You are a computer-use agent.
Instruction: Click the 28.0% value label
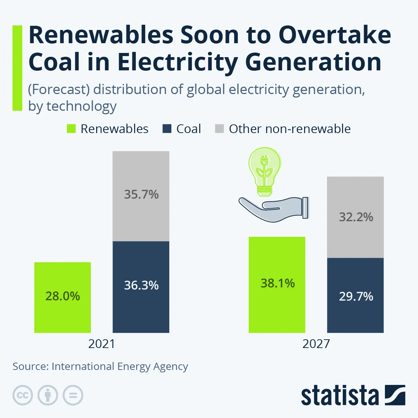coord(63,296)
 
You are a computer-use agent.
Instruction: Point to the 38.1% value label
coord(278,283)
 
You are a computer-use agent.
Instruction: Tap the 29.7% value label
coord(356,296)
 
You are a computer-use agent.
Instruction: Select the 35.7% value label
coord(141,194)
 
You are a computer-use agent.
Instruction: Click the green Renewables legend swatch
coord(71,129)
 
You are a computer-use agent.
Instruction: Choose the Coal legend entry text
coord(188,129)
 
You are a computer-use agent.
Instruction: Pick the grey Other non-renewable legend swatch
coord(219,129)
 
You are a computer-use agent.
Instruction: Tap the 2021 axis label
coord(101,344)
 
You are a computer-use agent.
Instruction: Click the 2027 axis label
coord(316,344)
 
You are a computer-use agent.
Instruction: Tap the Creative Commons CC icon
coord(23,395)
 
